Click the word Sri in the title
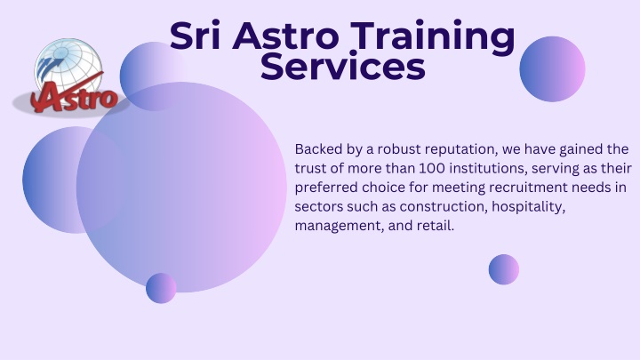tap(195, 36)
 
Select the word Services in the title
tap(343, 67)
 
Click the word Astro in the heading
tap(285, 36)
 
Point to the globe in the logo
tap(68, 65)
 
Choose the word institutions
tap(489, 169)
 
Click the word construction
tap(444, 206)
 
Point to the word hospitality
tap(529, 207)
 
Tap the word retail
tap(436, 225)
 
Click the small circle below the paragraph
tap(504, 269)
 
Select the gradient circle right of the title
tap(552, 69)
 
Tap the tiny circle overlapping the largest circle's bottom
tap(161, 288)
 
